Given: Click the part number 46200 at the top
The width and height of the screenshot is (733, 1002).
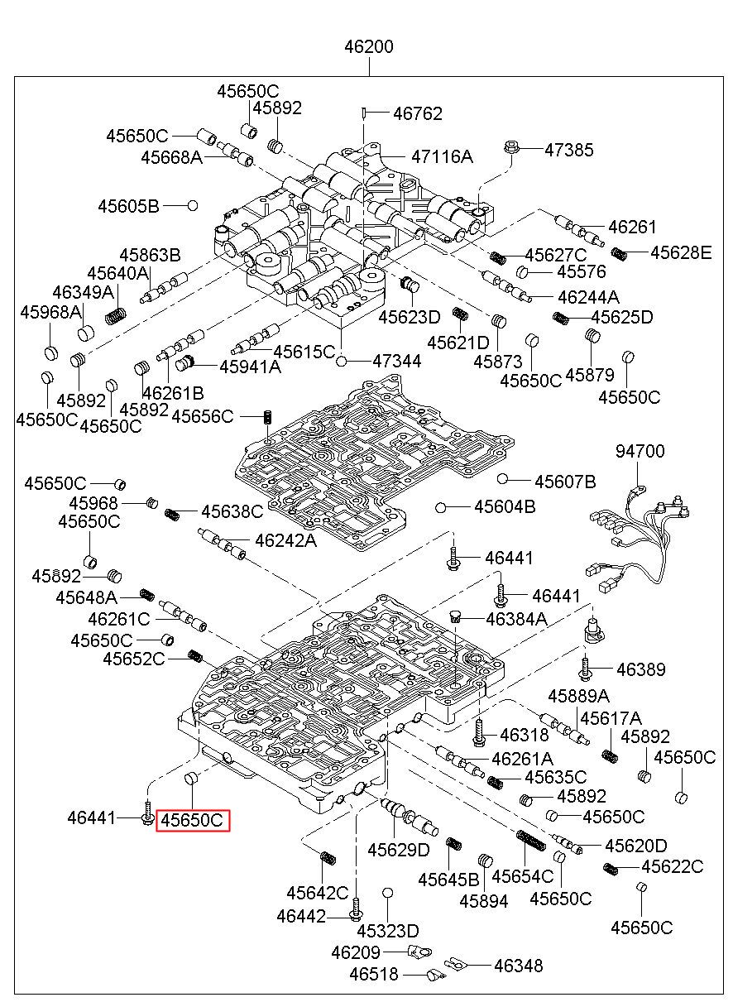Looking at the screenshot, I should (x=369, y=47).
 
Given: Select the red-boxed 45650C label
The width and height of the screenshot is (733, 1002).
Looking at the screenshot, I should (x=192, y=820).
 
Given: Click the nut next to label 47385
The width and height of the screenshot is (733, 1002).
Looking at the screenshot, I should (x=510, y=150).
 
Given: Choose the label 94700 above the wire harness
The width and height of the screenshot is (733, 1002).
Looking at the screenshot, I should (x=640, y=452).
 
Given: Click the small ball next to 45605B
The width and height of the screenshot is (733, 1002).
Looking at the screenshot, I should (x=192, y=205).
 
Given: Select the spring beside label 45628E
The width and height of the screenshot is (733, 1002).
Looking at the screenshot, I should (x=620, y=252).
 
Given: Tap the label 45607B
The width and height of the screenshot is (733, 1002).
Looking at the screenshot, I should (x=565, y=482).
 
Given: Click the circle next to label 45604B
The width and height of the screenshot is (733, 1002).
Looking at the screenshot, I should (x=442, y=506).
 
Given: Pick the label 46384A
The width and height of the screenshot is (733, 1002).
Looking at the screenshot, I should (x=516, y=617).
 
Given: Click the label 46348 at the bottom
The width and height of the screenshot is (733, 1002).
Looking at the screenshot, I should (x=519, y=965).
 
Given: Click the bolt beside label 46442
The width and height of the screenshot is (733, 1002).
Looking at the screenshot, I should (x=356, y=911).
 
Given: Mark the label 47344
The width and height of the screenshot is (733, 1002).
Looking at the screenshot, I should (x=396, y=361).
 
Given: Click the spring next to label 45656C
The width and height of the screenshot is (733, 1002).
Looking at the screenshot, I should (x=268, y=416).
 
